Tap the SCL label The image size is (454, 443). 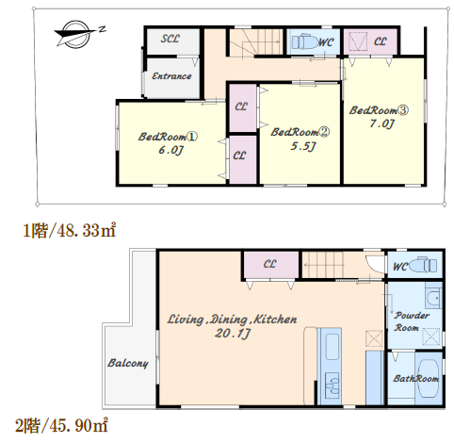170,39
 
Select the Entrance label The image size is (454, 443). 171,76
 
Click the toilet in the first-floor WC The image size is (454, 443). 305,42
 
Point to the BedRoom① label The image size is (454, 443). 168,137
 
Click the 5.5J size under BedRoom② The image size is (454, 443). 303,146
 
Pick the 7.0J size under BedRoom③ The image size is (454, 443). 381,123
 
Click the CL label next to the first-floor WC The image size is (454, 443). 380,41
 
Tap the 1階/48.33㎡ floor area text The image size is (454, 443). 70,231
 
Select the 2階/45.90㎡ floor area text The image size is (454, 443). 61,425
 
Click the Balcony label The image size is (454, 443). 128,363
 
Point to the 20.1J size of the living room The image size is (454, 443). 233,334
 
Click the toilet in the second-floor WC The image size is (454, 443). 423,265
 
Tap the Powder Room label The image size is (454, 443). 412,321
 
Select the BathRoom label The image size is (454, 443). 415,379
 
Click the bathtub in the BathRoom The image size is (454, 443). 429,379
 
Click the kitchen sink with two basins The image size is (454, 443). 332,386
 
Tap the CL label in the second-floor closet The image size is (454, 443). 269,264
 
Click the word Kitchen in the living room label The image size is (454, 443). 275,320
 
